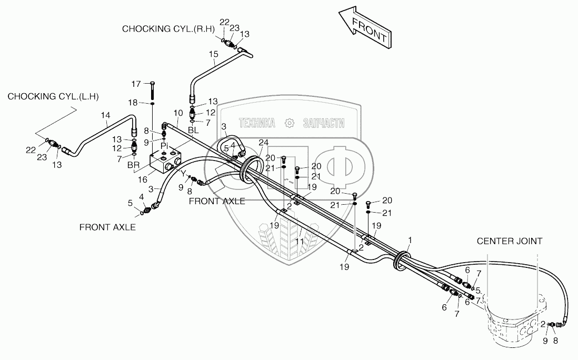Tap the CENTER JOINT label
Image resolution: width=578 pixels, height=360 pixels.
tap(510, 241)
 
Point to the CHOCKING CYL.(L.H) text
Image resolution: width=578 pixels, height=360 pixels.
tap(53, 96)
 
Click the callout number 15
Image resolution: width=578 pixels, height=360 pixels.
tap(213, 54)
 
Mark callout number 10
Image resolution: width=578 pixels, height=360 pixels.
tap(178, 113)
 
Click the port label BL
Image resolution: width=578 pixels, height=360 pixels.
tap(193, 129)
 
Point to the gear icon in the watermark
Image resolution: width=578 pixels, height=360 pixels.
tap(288, 123)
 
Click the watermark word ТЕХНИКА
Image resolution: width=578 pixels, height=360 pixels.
tap(257, 123)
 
